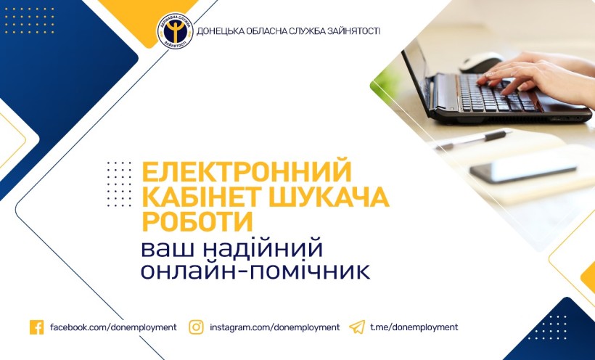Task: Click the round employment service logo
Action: (x=175, y=31)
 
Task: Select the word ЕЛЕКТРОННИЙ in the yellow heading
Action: (x=247, y=171)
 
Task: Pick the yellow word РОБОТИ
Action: (x=197, y=221)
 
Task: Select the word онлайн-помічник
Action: (x=255, y=271)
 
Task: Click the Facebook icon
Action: (x=36, y=327)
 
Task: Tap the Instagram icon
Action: (x=196, y=327)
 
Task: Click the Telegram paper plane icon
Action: (x=357, y=327)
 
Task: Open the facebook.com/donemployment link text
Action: (x=113, y=327)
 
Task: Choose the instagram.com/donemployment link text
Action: (x=275, y=327)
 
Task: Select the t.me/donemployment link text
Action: (x=414, y=327)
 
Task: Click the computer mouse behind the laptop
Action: (x=480, y=62)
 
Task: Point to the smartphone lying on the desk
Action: (x=523, y=168)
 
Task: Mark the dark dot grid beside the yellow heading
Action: (x=119, y=184)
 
